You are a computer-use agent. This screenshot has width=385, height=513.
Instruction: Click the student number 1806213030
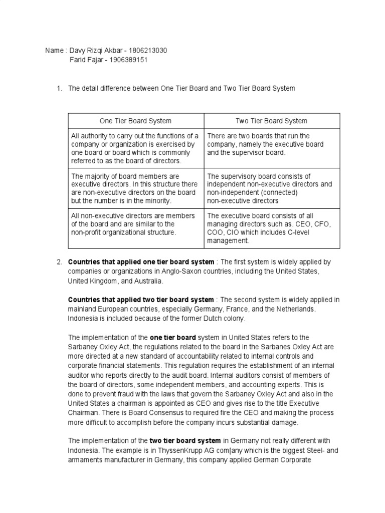(x=148, y=51)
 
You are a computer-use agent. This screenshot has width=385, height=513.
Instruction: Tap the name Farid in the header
(x=78, y=60)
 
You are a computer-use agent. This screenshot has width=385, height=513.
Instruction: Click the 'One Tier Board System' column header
(x=135, y=121)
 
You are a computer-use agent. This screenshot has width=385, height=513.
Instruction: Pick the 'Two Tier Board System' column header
(x=271, y=121)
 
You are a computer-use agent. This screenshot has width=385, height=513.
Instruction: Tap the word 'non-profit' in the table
(x=88, y=232)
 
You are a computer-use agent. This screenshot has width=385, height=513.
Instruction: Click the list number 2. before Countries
(x=59, y=262)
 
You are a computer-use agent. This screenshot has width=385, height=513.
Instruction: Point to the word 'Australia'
(x=149, y=281)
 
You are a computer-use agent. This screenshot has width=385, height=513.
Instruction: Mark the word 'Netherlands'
(x=295, y=309)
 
